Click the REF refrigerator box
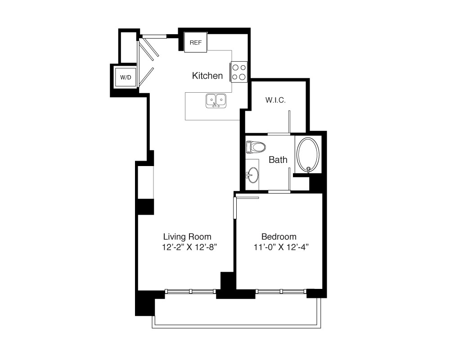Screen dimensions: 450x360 [x=195, y=42]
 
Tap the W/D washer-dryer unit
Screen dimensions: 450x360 [x=126, y=77]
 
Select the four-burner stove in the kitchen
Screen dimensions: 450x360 [x=239, y=72]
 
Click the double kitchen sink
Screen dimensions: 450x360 [x=216, y=101]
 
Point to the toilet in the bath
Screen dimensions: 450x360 [x=256, y=147]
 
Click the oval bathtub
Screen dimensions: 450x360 [x=308, y=155]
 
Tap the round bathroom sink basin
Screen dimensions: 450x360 [x=253, y=175]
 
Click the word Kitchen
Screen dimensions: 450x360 [x=207, y=76]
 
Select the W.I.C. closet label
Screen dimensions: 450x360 [x=275, y=100]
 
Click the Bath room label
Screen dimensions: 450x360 [x=278, y=160]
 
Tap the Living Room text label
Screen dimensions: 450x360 [x=187, y=237]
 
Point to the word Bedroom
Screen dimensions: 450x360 [x=279, y=237]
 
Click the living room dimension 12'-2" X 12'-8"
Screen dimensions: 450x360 [x=189, y=247]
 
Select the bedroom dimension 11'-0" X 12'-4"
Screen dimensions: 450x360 [x=281, y=247]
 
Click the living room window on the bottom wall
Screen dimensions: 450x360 [x=190, y=292]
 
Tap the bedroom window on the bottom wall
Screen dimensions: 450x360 [x=281, y=292]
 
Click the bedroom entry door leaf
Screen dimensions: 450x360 [x=235, y=208]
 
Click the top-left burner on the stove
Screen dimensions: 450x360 [x=235, y=67]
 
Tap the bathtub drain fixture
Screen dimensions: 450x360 [x=309, y=169]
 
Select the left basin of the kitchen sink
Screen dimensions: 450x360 [x=211, y=100]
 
